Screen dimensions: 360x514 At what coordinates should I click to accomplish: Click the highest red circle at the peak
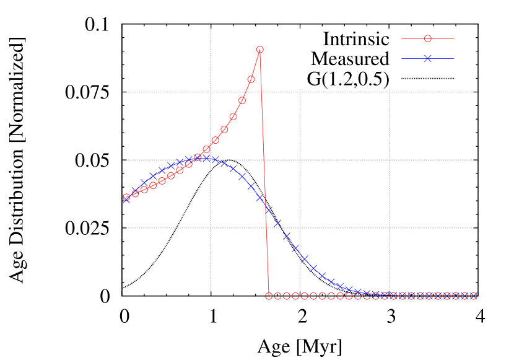(259, 50)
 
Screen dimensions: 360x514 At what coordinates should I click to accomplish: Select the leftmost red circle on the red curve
(126, 197)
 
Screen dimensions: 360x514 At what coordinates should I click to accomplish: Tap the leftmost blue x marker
(126, 200)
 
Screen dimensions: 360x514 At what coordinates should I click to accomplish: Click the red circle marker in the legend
(427, 38)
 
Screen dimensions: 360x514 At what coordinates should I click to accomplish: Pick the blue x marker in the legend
(427, 59)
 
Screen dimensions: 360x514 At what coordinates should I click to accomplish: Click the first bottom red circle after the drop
(269, 296)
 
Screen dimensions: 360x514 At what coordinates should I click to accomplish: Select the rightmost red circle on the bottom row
(474, 296)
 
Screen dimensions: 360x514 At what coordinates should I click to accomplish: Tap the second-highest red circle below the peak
(251, 79)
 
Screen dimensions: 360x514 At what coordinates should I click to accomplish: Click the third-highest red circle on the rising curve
(242, 100)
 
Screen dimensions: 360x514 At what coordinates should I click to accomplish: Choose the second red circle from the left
(136, 193)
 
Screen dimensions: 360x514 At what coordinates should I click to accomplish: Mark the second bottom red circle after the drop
(277, 296)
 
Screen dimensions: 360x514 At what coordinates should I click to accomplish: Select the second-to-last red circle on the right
(465, 296)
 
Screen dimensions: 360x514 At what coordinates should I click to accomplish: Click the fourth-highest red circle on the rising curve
(233, 116)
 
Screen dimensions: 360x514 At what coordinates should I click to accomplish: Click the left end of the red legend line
(402, 38)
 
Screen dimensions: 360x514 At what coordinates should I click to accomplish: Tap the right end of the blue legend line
(454, 59)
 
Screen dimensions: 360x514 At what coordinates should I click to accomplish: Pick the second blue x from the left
(135, 191)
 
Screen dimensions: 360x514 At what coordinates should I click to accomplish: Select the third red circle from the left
(144, 189)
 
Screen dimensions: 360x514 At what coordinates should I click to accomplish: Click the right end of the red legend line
(454, 38)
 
